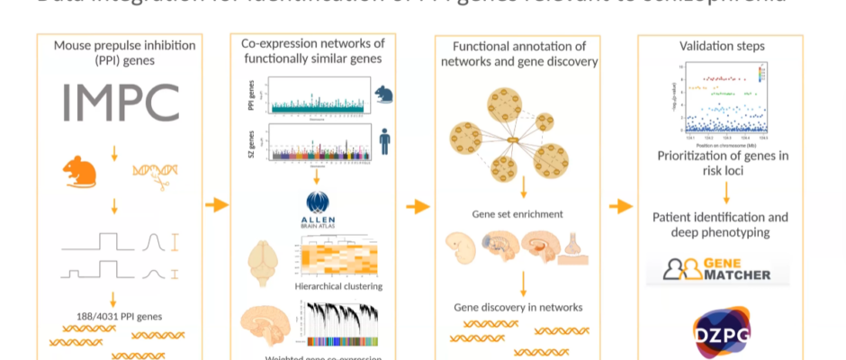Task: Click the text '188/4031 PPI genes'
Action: pos(113,315)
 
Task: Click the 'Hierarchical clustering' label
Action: pos(338,285)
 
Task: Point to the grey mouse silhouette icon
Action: pos(383,93)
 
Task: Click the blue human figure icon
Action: pos(384,145)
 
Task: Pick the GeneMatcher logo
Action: pos(718,268)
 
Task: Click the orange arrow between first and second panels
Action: pos(216,206)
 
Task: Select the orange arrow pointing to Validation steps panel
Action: pos(620,206)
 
